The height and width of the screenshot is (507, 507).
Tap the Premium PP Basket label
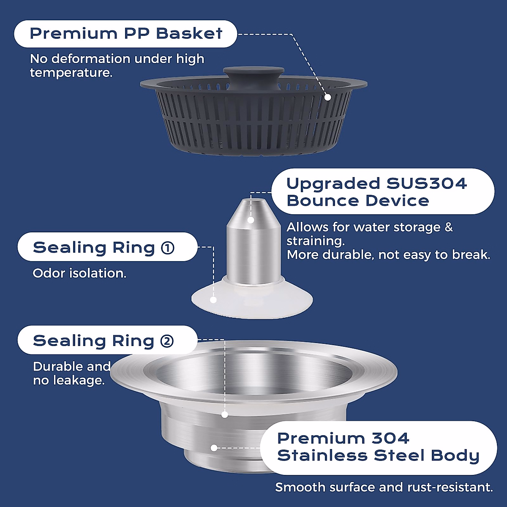click(x=126, y=34)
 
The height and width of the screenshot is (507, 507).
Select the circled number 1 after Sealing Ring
click(x=168, y=248)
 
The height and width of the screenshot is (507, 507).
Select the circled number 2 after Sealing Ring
click(x=167, y=341)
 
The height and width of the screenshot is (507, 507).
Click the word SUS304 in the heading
click(x=427, y=183)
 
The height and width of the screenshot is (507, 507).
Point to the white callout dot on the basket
click(x=327, y=97)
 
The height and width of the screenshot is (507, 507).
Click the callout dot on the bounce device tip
click(x=251, y=220)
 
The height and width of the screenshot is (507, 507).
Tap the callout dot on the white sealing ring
click(x=213, y=300)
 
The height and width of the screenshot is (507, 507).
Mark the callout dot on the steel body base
click(x=214, y=447)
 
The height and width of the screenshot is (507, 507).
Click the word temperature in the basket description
click(x=70, y=73)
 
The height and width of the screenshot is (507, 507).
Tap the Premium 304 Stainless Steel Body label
click(x=378, y=447)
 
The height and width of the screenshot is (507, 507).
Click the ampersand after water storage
click(x=448, y=227)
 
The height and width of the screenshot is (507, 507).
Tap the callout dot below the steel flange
click(x=225, y=415)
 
